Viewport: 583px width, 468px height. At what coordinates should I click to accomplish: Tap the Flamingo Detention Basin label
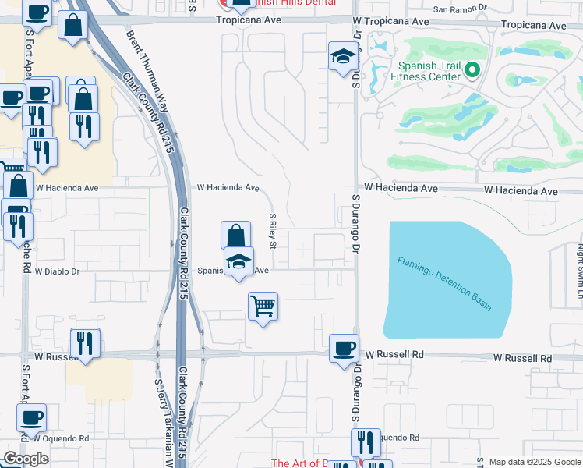point(444,283)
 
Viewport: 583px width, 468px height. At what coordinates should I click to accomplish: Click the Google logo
point(26,459)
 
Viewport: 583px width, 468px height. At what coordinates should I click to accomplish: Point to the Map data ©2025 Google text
point(534,462)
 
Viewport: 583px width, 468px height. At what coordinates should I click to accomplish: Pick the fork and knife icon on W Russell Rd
point(84,343)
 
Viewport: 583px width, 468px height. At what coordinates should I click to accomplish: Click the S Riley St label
point(273,232)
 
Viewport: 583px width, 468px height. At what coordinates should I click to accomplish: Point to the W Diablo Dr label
point(58,271)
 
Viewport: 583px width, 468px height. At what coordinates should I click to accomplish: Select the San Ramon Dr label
point(460,9)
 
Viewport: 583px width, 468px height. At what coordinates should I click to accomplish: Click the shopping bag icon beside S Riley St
point(235,236)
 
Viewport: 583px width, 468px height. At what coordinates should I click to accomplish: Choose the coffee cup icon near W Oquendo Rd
point(31,417)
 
